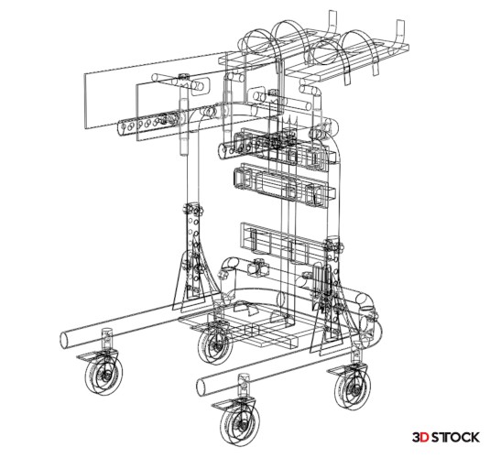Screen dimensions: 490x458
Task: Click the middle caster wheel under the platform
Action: tap(215, 346)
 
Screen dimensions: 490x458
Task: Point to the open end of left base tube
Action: tap(65, 340)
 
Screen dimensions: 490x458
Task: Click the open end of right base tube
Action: tap(201, 387)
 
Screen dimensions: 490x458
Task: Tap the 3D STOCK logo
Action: tap(446, 437)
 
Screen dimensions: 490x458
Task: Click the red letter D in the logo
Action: tap(424, 437)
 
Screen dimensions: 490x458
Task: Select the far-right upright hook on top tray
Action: tap(399, 35)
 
